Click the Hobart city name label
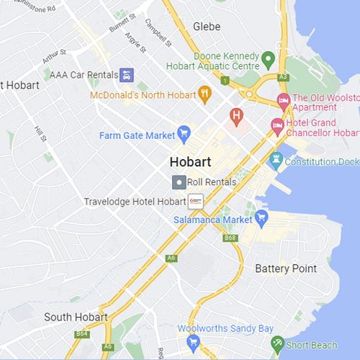pyautogui.click(x=191, y=161)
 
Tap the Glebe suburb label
pyautogui.click(x=207, y=27)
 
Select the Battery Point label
pyautogui.click(x=286, y=269)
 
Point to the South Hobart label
pyautogui.click(x=76, y=317)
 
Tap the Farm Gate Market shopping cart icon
pyautogui.click(x=184, y=132)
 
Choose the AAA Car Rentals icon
pyautogui.click(x=127, y=74)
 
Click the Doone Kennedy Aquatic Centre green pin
pyautogui.click(x=268, y=58)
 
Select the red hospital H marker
pyautogui.click(x=235, y=114)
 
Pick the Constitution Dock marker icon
pyautogui.click(x=275, y=161)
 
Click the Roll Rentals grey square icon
pyautogui.click(x=178, y=182)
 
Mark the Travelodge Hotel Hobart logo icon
pyautogui.click(x=195, y=201)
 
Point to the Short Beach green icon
pyautogui.click(x=277, y=343)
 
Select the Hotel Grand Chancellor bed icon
pyautogui.click(x=277, y=125)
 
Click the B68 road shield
pyautogui.click(x=230, y=238)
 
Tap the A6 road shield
pyautogui.click(x=171, y=258)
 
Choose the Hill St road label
pyautogui.click(x=40, y=133)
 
